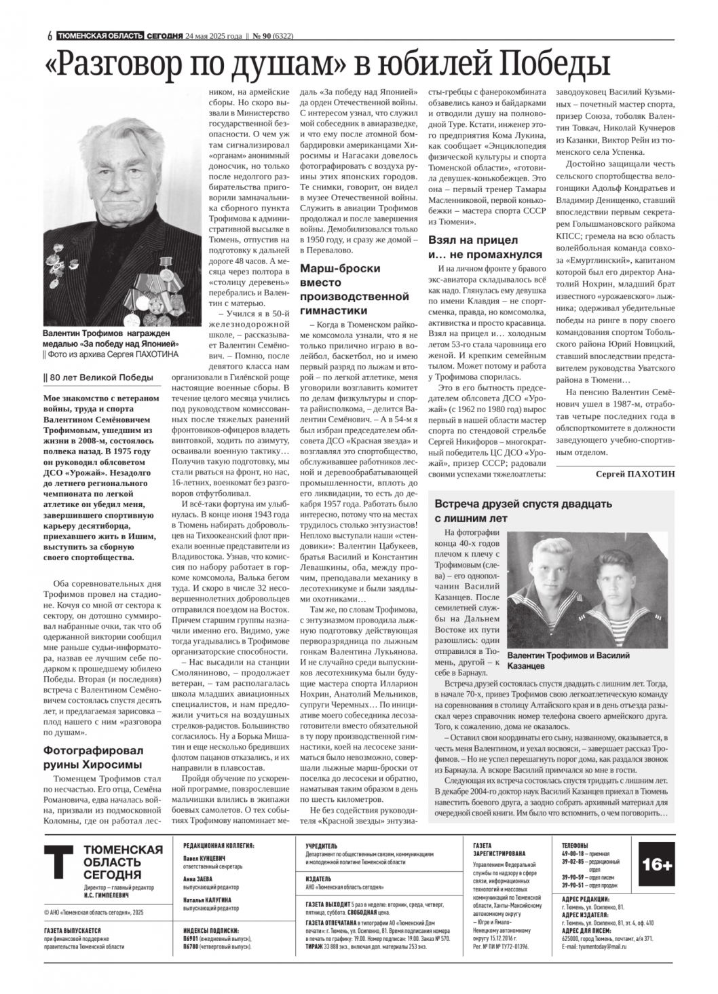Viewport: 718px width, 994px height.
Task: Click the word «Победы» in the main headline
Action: click(x=552, y=64)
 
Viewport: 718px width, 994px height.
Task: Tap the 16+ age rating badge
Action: click(x=656, y=864)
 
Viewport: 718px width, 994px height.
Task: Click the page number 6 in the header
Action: click(x=50, y=37)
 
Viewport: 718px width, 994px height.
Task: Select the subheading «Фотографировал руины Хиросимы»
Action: click(x=94, y=758)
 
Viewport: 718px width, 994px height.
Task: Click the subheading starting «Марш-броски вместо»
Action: click(x=354, y=289)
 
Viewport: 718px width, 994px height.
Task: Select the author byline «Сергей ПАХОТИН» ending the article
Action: click(x=635, y=474)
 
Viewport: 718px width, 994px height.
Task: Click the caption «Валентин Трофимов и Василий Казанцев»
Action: click(x=568, y=661)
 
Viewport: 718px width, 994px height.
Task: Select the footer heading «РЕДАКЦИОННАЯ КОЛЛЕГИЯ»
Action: click(x=219, y=846)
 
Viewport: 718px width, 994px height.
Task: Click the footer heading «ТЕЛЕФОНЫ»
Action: click(x=575, y=845)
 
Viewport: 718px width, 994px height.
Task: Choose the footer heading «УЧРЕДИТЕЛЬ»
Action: click(x=321, y=846)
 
